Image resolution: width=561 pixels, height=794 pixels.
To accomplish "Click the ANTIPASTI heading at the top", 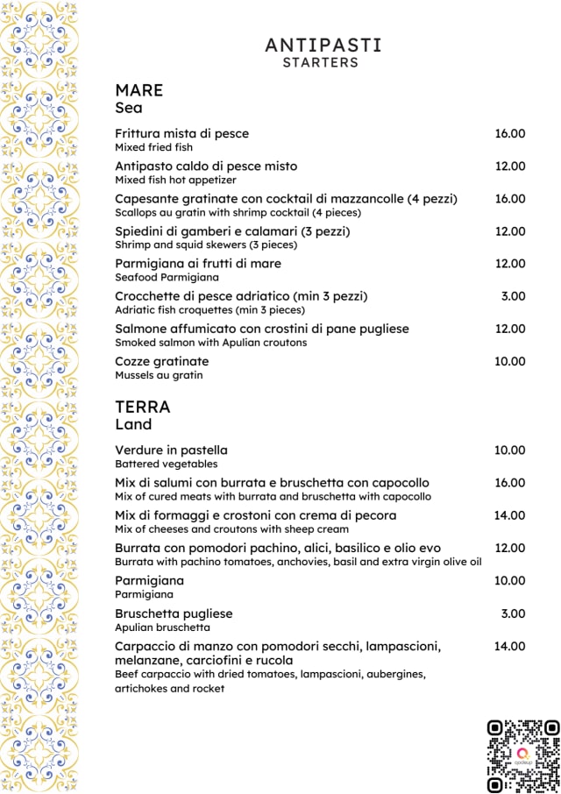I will pyautogui.click(x=323, y=45).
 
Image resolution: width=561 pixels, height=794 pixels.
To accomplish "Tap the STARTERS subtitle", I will pyautogui.click(x=321, y=63).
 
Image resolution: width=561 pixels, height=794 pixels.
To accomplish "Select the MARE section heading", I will pyautogui.click(x=138, y=90).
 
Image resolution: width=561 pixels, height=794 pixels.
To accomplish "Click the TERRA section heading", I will pyautogui.click(x=142, y=407).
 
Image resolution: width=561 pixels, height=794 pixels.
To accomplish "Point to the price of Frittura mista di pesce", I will pyautogui.click(x=509, y=133).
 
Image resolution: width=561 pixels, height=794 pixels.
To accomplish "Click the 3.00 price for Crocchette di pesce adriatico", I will pyautogui.click(x=513, y=296).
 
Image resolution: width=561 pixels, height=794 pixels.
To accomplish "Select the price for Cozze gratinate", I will pyautogui.click(x=509, y=361).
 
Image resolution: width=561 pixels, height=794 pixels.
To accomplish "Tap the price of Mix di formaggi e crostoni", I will pyautogui.click(x=509, y=515).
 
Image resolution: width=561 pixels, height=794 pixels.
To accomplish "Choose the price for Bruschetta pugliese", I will pyautogui.click(x=513, y=613).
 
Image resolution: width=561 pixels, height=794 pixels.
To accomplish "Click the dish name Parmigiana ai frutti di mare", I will pyautogui.click(x=198, y=263).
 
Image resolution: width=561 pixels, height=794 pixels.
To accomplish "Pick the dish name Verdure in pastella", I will pyautogui.click(x=171, y=450).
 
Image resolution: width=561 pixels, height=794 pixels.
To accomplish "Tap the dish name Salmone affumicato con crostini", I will pyautogui.click(x=261, y=329).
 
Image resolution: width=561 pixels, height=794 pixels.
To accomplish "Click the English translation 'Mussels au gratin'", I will pyautogui.click(x=159, y=375).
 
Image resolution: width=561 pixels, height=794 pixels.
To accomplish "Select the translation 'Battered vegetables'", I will pyautogui.click(x=166, y=464).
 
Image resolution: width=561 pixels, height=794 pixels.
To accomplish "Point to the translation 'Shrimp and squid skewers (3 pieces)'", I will pyautogui.click(x=206, y=245).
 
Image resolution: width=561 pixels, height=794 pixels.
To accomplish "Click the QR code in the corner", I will pyautogui.click(x=522, y=755).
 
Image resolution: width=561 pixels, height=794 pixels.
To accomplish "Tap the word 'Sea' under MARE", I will pyautogui.click(x=128, y=109).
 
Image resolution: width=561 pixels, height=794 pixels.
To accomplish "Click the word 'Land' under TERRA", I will pyautogui.click(x=133, y=424).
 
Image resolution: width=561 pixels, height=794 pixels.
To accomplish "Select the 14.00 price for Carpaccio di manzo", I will pyautogui.click(x=509, y=646).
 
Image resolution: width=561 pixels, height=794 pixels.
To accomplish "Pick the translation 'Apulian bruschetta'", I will pyautogui.click(x=163, y=627).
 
